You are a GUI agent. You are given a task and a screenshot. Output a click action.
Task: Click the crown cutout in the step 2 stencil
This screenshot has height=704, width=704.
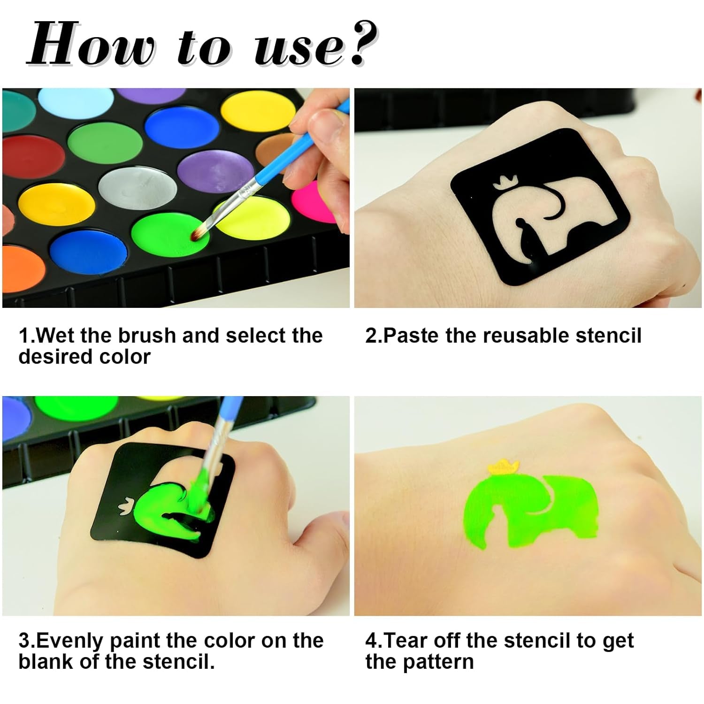click(505, 182)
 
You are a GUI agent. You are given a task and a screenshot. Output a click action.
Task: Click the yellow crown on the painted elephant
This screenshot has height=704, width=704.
click(504, 466)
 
